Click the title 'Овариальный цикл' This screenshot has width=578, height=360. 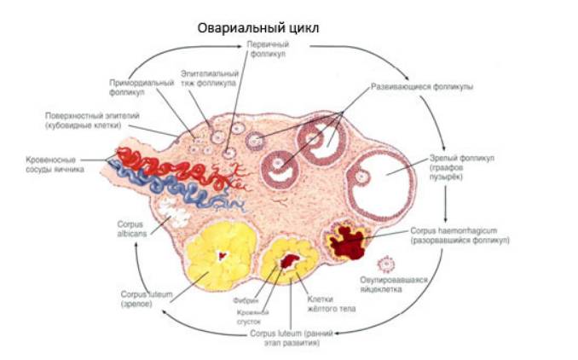(259, 27)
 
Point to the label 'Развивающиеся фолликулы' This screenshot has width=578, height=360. (422, 87)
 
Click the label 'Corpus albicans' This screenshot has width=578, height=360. (130, 228)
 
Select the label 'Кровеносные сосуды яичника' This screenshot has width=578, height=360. (55, 164)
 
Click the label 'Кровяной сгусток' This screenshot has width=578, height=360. (253, 317)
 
